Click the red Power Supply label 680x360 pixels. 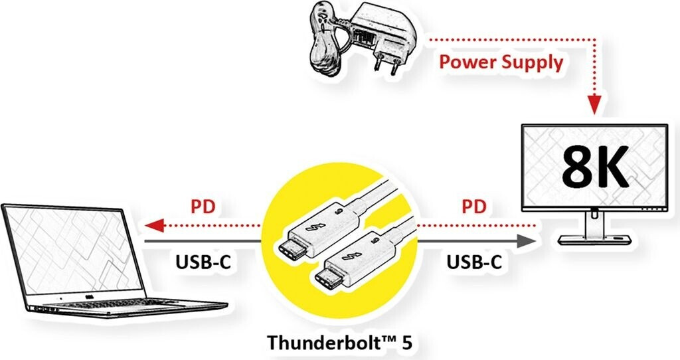(501, 63)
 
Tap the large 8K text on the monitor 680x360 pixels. (594, 169)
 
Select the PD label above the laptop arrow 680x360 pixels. (203, 205)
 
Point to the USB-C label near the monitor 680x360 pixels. (474, 262)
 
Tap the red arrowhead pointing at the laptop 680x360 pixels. (152, 226)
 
